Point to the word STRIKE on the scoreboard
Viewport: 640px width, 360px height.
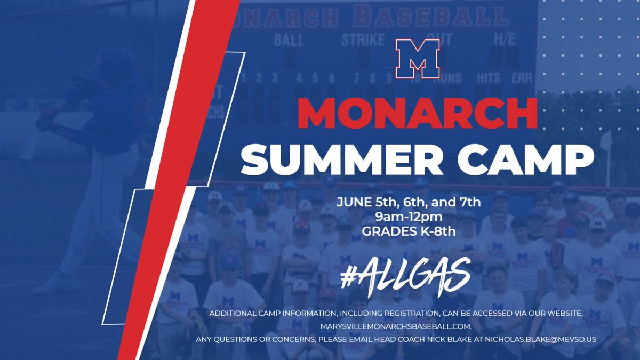click(363, 40)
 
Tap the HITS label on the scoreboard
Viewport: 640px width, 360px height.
click(489, 78)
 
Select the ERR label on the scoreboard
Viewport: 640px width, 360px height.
click(521, 78)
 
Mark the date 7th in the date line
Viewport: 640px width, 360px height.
click(469, 203)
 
